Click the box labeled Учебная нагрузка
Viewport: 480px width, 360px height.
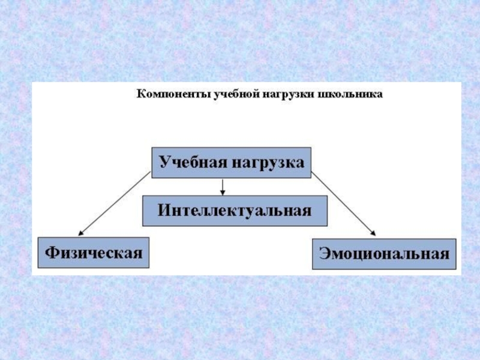(231, 163)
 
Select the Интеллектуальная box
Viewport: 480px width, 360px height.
(235, 211)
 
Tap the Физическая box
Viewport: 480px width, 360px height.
(94, 253)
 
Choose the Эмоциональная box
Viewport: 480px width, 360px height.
(385, 254)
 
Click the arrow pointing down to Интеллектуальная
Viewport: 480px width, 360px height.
(223, 187)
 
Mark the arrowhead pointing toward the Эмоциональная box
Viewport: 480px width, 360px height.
(373, 233)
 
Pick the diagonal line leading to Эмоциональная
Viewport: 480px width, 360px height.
(342, 203)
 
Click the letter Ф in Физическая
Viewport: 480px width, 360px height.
(50, 253)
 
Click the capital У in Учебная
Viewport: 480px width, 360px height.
(164, 163)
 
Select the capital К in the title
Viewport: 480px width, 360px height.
(141, 94)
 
